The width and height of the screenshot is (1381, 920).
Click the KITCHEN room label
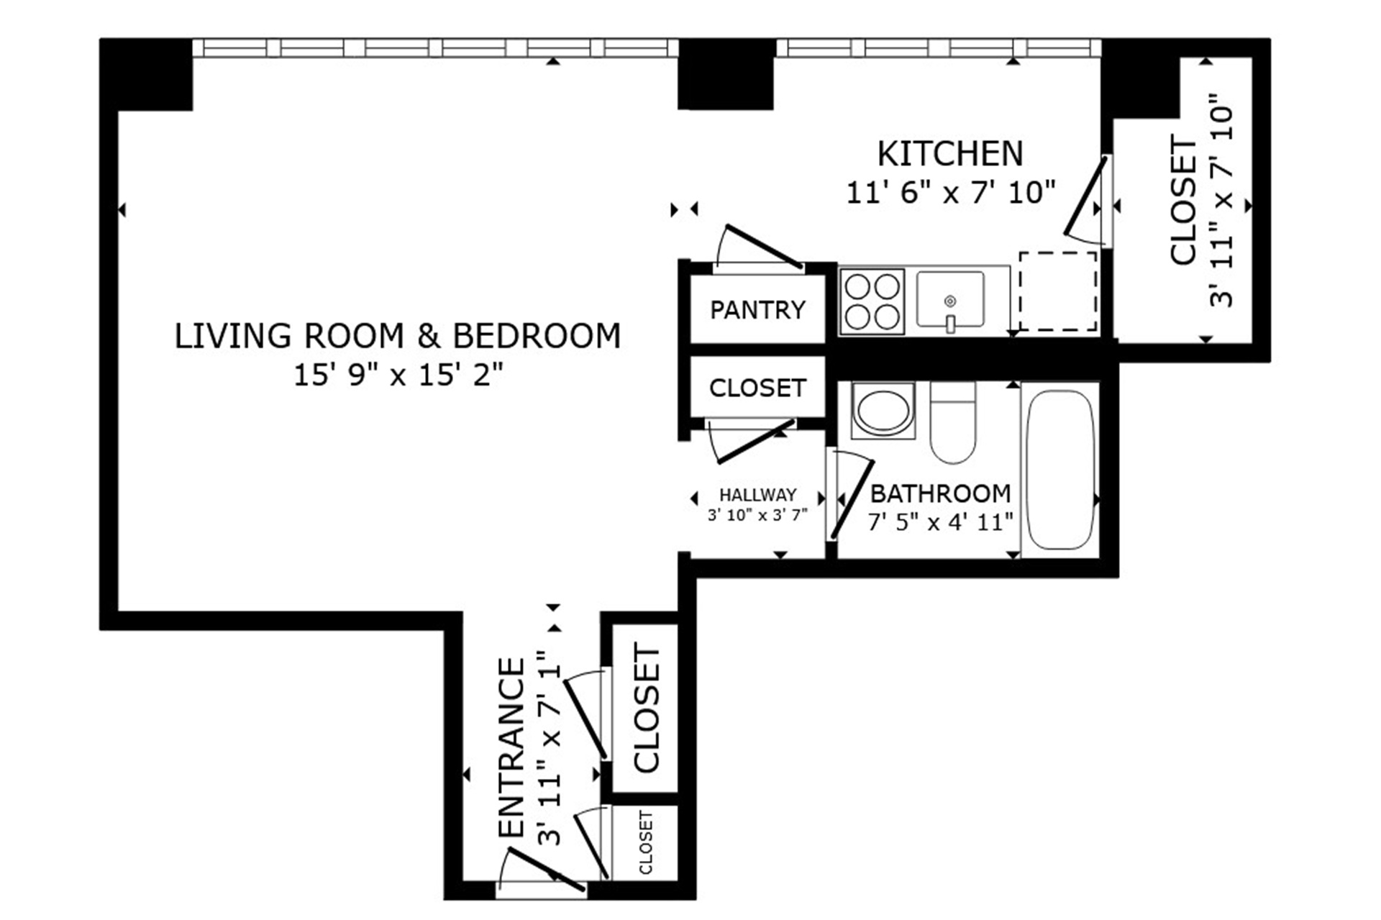pos(949,154)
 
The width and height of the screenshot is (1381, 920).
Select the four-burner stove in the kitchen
pos(872,301)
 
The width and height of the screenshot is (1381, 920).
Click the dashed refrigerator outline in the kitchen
pos(1057,291)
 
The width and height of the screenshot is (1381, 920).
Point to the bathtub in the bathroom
pos(1059,470)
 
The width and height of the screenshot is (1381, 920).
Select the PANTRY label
pos(757,310)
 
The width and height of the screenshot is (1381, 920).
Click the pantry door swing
pos(762,247)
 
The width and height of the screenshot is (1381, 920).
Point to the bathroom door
pos(852,499)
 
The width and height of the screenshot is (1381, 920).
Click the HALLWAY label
pos(757,495)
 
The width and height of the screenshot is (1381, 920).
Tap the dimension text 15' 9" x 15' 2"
pos(398,375)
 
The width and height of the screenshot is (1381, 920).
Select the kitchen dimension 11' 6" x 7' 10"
pos(949,193)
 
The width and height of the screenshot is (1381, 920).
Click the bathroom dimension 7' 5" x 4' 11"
pos(940,522)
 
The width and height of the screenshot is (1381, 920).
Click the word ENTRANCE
pos(512,748)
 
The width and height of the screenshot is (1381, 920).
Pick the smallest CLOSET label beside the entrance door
pos(645,842)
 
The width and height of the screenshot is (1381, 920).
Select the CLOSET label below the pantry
pos(757,388)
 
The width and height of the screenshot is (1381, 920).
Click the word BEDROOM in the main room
pos(536,337)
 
